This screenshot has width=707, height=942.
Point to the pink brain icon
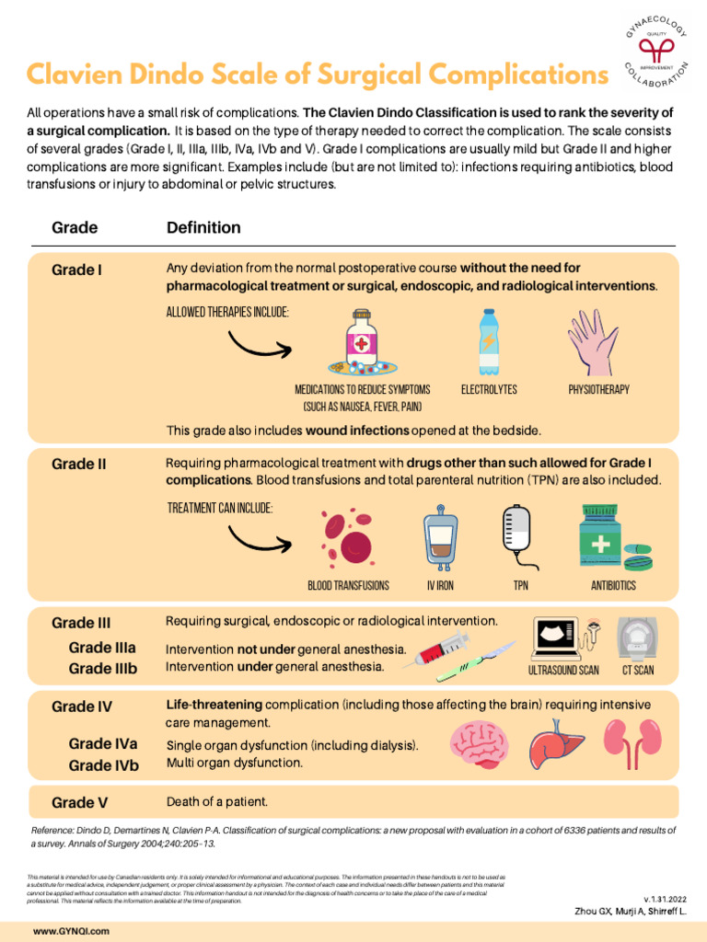[x=484, y=742]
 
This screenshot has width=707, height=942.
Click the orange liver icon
[x=557, y=742]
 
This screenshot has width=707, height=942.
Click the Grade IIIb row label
[x=102, y=669]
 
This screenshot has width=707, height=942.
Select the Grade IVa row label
[x=103, y=744]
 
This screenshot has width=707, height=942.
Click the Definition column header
[x=203, y=227]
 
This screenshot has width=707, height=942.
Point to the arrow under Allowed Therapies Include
[x=259, y=343]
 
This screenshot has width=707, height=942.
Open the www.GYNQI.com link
[x=71, y=932]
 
